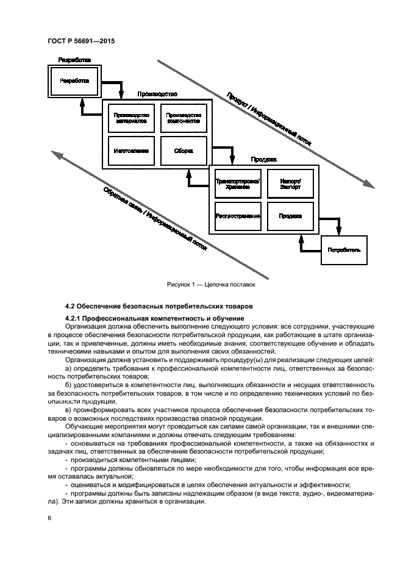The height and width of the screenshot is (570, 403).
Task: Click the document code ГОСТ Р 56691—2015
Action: (x=81, y=41)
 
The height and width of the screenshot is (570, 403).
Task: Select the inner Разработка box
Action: (x=74, y=81)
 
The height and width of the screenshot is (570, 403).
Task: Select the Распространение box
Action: (x=238, y=216)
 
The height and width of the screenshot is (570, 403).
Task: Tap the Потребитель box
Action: (x=344, y=249)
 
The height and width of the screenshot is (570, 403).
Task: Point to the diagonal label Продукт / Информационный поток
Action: (x=268, y=119)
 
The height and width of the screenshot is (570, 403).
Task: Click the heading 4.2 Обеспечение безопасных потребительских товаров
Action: (x=158, y=305)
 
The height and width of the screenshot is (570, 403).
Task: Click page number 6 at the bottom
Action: (x=49, y=518)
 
